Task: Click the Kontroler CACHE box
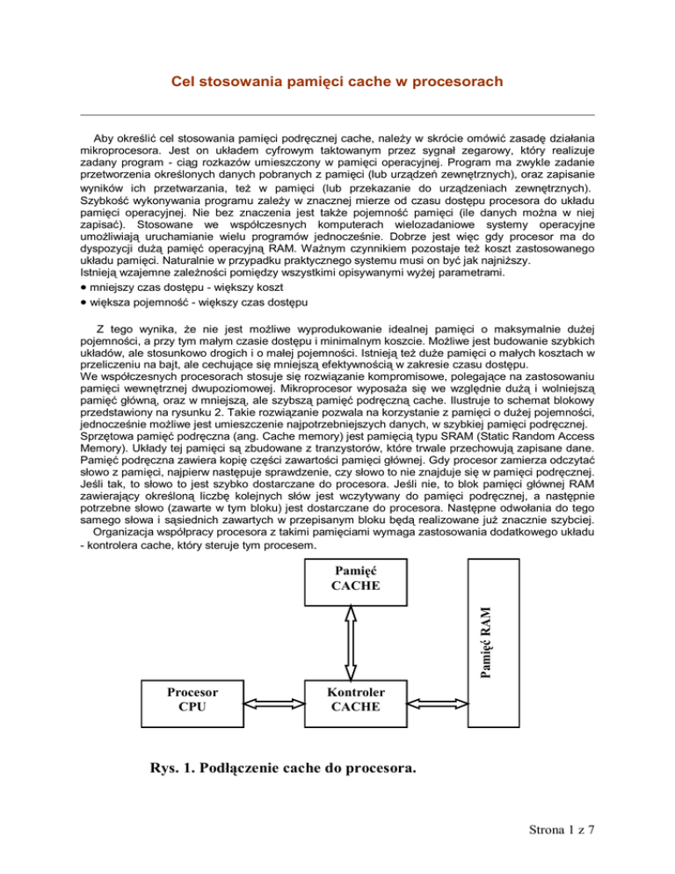356,699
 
